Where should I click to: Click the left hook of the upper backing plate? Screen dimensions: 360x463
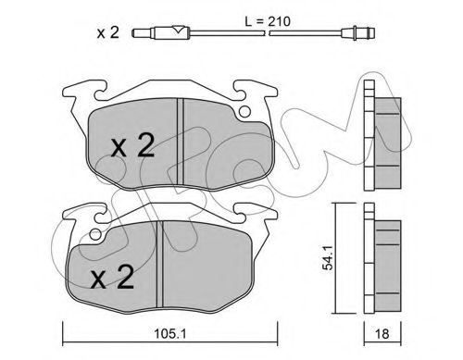point(73,94)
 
